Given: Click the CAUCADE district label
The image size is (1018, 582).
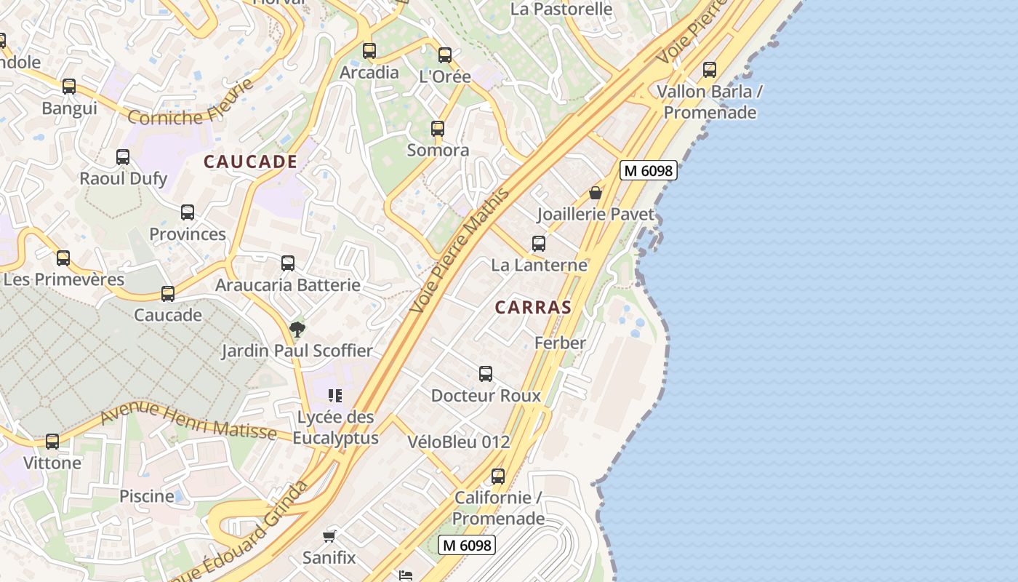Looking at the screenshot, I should [250, 162].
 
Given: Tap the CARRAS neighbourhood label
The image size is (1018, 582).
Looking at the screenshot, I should [533, 307].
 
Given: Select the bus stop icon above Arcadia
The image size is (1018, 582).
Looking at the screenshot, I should [369, 51].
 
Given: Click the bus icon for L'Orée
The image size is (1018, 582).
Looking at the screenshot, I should [445, 55].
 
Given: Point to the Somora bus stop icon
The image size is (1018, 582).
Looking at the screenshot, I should [437, 129].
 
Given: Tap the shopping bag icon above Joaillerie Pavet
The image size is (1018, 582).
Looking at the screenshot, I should [596, 193].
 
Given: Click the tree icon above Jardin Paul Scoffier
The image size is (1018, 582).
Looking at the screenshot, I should [297, 330].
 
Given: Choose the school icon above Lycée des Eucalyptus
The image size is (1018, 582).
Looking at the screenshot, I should [335, 396].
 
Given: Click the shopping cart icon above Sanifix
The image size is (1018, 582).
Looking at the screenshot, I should [329, 537].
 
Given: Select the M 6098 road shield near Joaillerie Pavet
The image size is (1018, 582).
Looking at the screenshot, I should [649, 171].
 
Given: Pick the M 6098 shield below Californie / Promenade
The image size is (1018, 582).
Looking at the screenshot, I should [467, 544].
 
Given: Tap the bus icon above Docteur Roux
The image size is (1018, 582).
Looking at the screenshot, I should [486, 374].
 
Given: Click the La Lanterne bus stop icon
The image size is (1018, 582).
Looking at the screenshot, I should [539, 244].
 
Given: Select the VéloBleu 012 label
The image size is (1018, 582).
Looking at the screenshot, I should [459, 442].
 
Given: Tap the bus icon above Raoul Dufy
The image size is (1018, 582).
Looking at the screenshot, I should [123, 157].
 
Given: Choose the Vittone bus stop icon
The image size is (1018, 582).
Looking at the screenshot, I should [52, 442].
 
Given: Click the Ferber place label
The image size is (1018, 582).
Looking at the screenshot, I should [560, 343].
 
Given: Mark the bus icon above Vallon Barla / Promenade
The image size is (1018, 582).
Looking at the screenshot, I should [710, 70].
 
